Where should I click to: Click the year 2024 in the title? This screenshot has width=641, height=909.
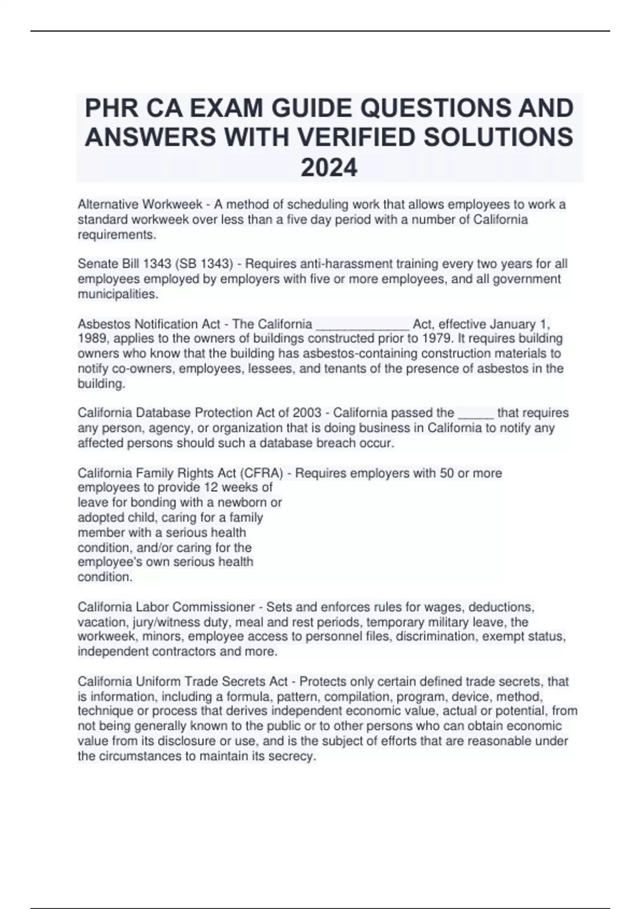click(329, 168)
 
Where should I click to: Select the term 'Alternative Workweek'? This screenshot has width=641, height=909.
click(140, 205)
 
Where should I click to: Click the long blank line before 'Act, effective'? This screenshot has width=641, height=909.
click(363, 324)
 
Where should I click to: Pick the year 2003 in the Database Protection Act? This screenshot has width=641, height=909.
click(307, 413)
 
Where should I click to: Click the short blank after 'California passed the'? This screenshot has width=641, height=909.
click(475, 413)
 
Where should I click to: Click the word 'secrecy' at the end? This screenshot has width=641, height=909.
click(292, 757)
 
